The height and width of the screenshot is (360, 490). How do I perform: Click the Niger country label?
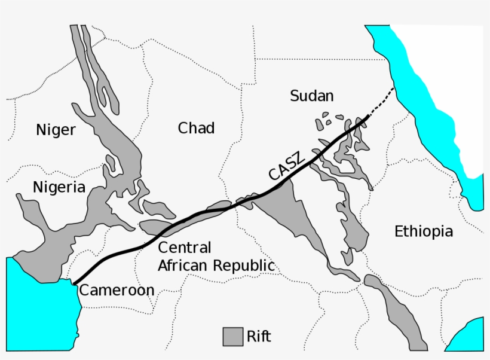(x=56, y=129)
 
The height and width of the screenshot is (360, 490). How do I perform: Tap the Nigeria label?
(x=59, y=187)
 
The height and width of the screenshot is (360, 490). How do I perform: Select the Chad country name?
(x=196, y=127)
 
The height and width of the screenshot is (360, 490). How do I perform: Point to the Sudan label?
(x=311, y=96)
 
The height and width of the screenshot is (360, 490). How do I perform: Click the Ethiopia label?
(x=424, y=231)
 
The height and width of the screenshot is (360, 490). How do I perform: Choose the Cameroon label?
(x=117, y=290)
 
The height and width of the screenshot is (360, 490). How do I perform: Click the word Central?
(x=185, y=248)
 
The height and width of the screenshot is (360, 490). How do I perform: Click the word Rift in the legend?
(x=259, y=336)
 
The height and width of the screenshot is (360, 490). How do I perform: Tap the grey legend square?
(x=232, y=337)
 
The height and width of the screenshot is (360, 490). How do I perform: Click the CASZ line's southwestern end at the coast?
(x=74, y=283)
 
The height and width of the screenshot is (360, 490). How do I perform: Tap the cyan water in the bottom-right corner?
(x=469, y=338)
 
